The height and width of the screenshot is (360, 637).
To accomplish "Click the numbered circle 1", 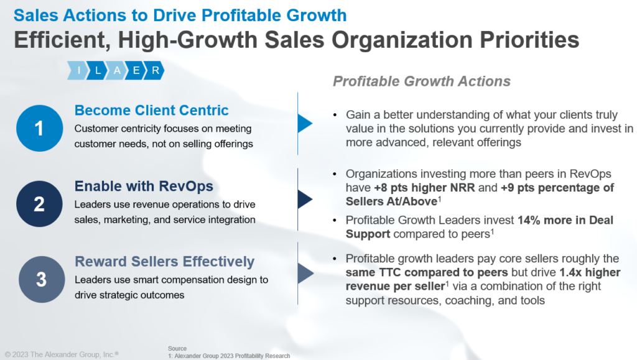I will tap(39, 129).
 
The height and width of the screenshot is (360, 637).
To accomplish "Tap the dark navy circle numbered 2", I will tap(39, 204).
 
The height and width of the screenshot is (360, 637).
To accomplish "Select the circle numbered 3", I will tap(41, 279).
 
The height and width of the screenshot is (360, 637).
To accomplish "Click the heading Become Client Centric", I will tap(151, 111).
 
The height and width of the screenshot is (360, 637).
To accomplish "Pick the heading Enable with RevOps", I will tap(144, 186).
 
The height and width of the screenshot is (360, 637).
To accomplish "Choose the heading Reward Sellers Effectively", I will tap(164, 261).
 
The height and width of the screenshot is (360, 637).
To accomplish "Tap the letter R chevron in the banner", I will tap(155, 71).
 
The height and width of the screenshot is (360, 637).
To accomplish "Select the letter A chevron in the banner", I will tap(117, 71).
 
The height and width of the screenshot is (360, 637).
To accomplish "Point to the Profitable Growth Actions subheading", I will tap(422, 81).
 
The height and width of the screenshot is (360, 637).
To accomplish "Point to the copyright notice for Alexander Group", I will tap(62, 354).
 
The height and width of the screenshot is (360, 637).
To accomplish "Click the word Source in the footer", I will tap(177, 348).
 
